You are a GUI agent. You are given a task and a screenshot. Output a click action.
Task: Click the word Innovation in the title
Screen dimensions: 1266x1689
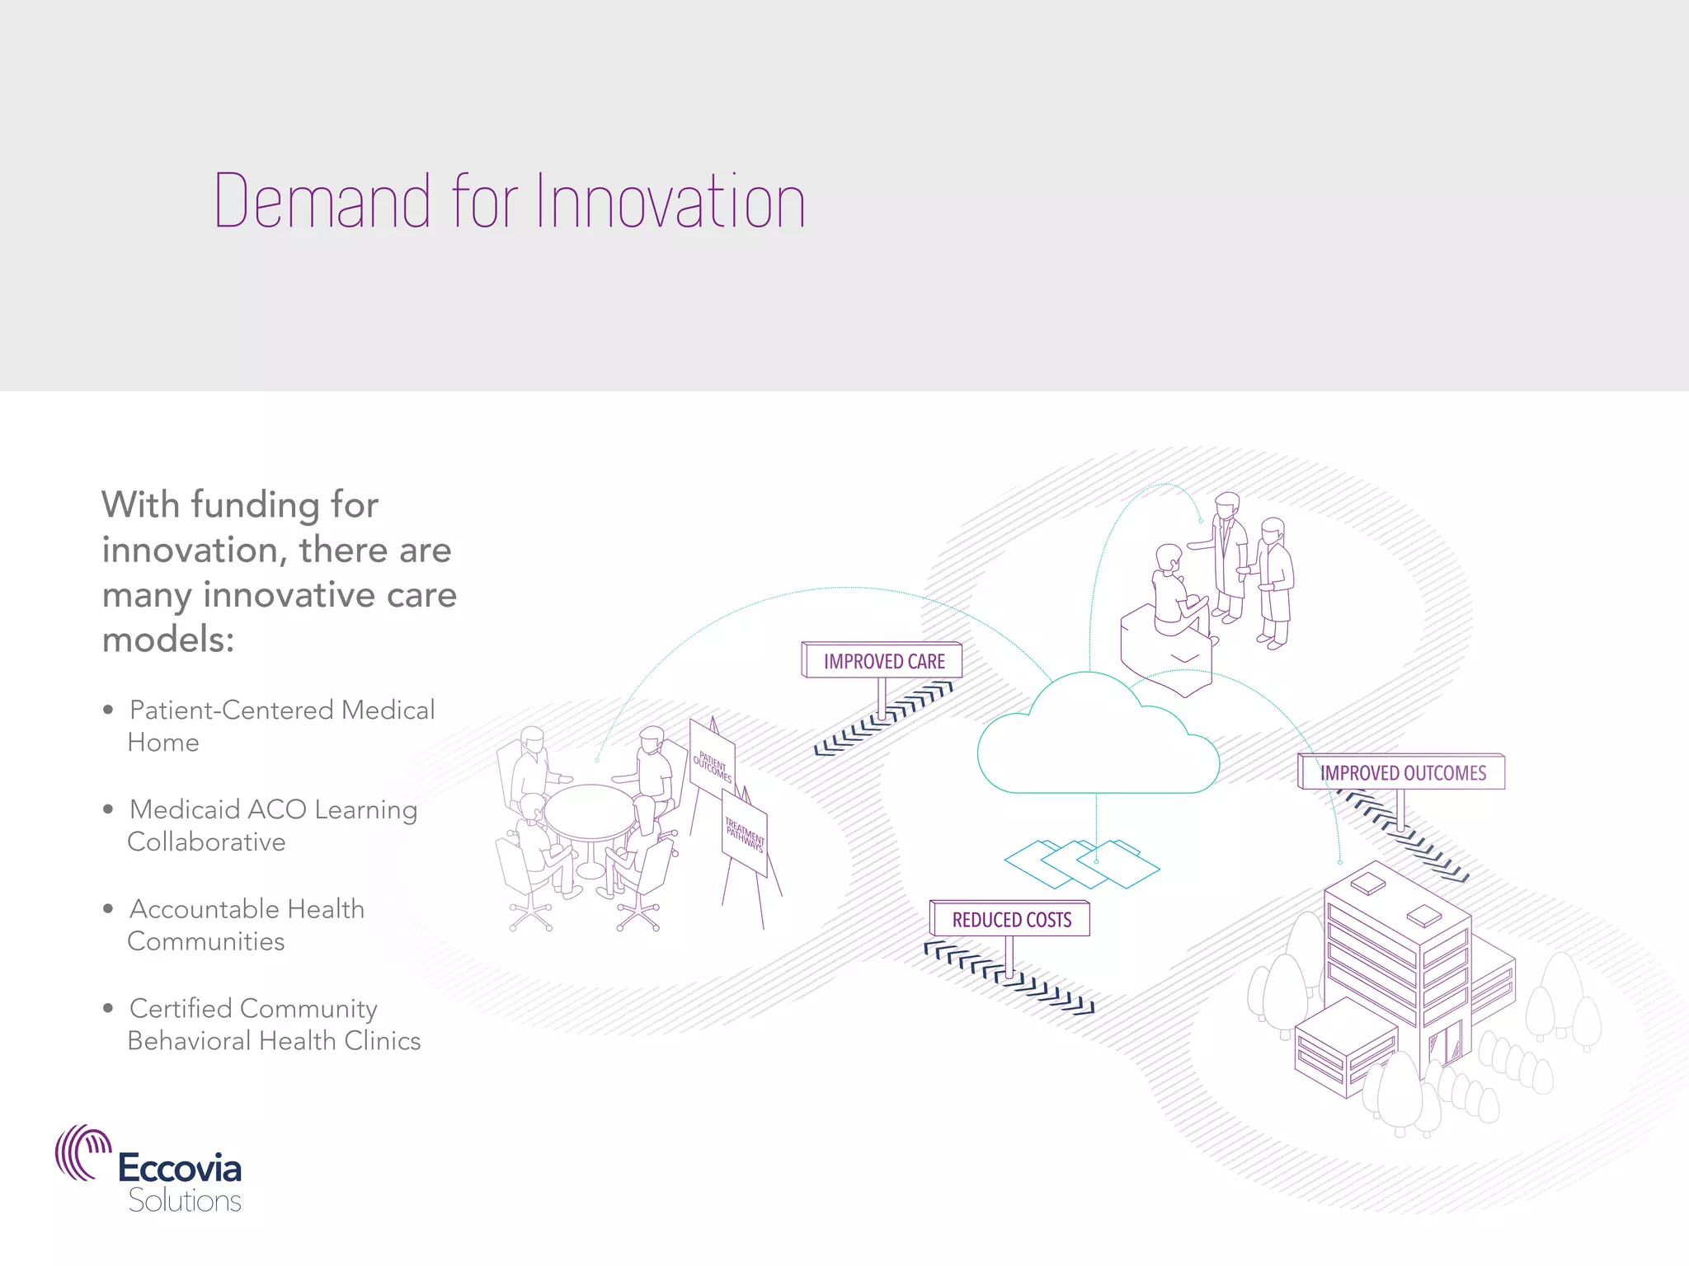coord(670,201)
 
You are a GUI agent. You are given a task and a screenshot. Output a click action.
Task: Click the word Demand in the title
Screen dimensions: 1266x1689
coord(322,201)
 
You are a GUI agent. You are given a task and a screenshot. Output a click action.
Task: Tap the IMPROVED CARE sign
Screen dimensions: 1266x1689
coord(883,661)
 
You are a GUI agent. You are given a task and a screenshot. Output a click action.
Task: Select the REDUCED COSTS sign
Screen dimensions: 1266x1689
coord(1011,920)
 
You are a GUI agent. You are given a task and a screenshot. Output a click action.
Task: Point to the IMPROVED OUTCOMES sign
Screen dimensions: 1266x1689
coord(1402,773)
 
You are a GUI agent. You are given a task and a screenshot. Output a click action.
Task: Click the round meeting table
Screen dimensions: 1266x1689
coord(590,812)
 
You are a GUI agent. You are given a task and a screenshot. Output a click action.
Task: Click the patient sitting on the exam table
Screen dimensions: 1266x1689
coord(1175,593)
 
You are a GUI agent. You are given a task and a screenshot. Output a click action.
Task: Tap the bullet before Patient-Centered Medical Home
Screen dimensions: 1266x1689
coord(108,710)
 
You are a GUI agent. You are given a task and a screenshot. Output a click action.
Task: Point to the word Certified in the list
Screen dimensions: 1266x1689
coord(181,1009)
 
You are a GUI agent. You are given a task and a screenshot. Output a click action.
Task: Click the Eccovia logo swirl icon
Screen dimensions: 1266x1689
coord(82,1152)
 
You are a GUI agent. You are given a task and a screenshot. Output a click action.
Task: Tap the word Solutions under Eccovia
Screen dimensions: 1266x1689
coord(185,1201)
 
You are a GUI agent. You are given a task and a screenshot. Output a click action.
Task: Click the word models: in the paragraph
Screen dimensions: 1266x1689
coord(168,640)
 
